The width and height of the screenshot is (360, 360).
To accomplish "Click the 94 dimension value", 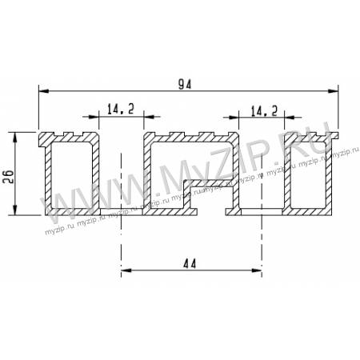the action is point(185,84).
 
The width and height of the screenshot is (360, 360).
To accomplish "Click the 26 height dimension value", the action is point(9,176).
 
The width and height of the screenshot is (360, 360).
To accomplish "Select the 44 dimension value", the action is point(190,264).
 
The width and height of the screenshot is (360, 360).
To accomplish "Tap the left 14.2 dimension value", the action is point(121,109).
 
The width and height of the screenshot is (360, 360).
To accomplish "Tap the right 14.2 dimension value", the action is point(264,110).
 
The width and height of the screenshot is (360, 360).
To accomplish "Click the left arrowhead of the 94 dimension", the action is point(44,91).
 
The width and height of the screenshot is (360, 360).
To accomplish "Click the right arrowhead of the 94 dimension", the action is point(333,91).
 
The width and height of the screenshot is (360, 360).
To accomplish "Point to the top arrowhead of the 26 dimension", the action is point(15,137).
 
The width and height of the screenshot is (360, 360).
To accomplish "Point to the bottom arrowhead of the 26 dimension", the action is point(15,210).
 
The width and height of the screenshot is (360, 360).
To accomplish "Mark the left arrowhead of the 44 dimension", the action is point(126,270).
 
